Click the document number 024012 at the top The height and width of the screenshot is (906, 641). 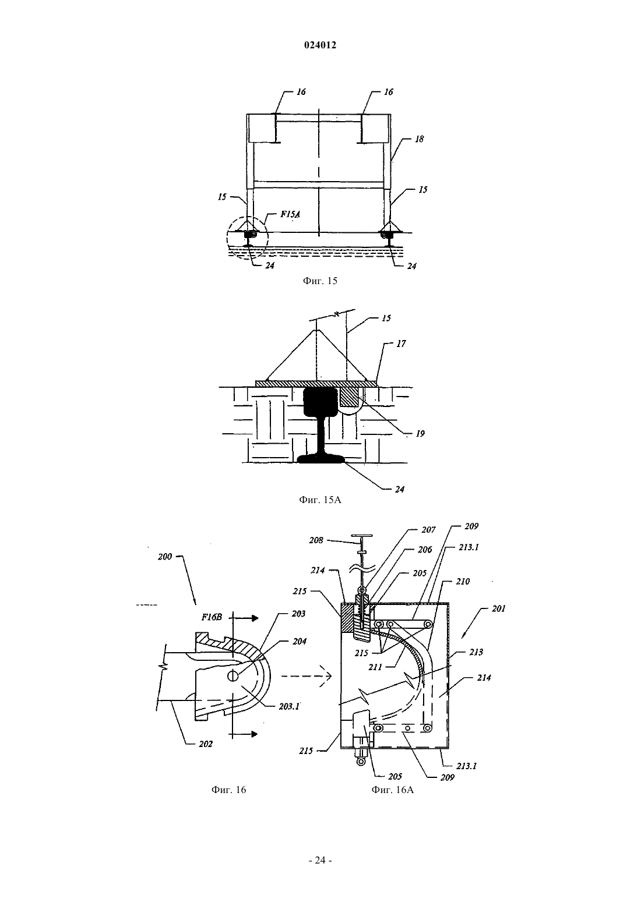[320, 45]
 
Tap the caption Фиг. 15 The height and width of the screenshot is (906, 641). [320, 281]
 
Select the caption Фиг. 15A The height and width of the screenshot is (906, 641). [320, 500]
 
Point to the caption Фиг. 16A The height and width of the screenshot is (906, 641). [393, 790]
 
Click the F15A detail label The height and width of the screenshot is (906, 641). [291, 214]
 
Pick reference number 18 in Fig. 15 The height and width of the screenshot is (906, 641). [419, 139]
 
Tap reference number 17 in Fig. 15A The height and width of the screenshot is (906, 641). [401, 344]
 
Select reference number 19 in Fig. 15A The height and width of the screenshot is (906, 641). [420, 434]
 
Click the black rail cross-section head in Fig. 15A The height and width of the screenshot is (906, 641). [321, 401]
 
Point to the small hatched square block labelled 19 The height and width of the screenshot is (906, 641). [349, 397]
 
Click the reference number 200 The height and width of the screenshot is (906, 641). [165, 557]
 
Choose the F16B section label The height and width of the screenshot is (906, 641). [212, 617]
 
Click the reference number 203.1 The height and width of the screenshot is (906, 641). [289, 707]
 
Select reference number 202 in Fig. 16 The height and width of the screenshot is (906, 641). [206, 744]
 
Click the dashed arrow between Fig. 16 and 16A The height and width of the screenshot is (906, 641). [307, 675]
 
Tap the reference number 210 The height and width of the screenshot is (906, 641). [463, 581]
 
